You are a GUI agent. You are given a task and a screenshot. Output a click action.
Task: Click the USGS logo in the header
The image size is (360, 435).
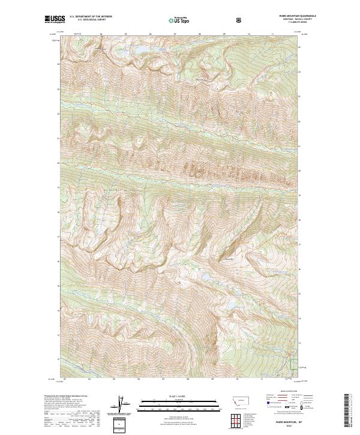point(54,20)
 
